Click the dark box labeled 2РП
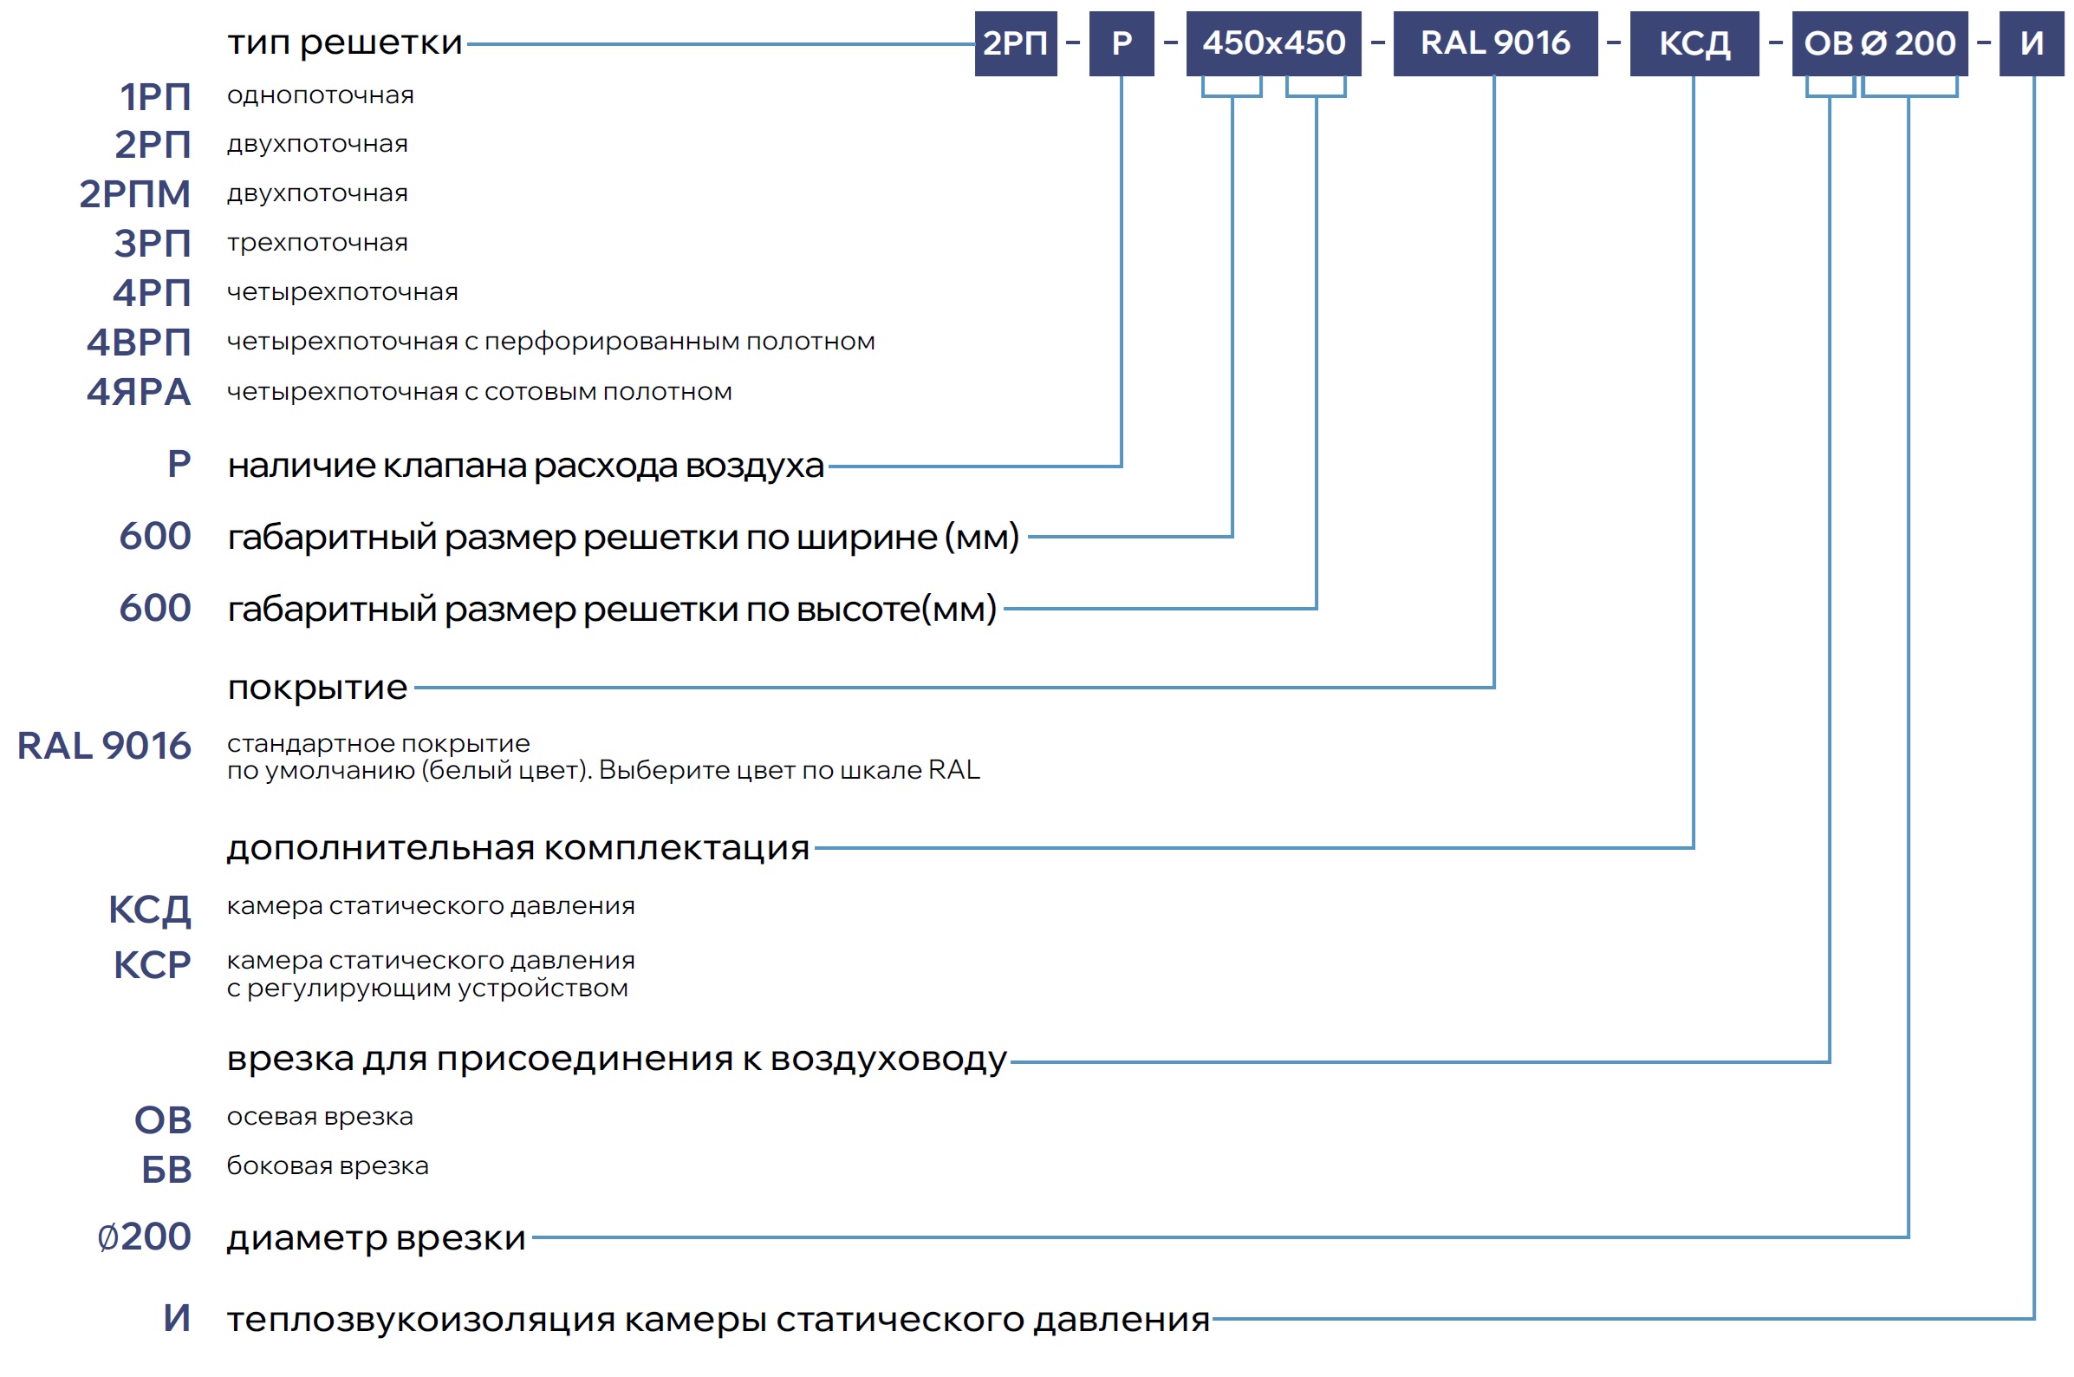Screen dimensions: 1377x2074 pyautogui.click(x=1015, y=43)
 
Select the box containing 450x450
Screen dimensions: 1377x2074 pyautogui.click(x=1272, y=43)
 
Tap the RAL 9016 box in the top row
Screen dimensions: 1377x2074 pyautogui.click(x=1494, y=43)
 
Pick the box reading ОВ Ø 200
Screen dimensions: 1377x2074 pyautogui.click(x=1878, y=43)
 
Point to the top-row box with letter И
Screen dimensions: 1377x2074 pyautogui.click(x=2030, y=43)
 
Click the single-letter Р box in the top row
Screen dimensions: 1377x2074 pyautogui.click(x=1121, y=43)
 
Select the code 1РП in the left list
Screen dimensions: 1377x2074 pyautogui.click(x=154, y=96)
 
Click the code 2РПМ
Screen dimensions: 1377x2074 pyautogui.click(x=134, y=193)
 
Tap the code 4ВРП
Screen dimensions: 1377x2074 pyautogui.click(x=138, y=342)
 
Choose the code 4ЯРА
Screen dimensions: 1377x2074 pyautogui.click(x=138, y=392)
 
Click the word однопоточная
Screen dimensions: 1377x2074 pyautogui.click(x=321, y=95)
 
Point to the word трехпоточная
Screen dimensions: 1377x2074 pyautogui.click(x=317, y=243)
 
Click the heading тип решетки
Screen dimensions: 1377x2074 pyautogui.click(x=344, y=42)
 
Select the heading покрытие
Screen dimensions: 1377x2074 pyautogui.click(x=317, y=687)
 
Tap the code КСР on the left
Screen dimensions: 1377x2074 pyautogui.click(x=152, y=964)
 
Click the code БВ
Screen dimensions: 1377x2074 pyautogui.click(x=166, y=1169)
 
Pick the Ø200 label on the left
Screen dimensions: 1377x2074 pyautogui.click(x=144, y=1236)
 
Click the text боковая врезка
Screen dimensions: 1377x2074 pyautogui.click(x=328, y=1165)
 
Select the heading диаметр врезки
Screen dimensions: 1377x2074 pyautogui.click(x=375, y=1237)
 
